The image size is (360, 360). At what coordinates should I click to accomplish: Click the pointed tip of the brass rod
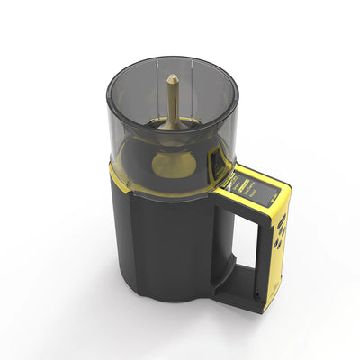click(x=171, y=78)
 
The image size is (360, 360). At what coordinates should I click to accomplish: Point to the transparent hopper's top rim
click(x=171, y=60)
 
